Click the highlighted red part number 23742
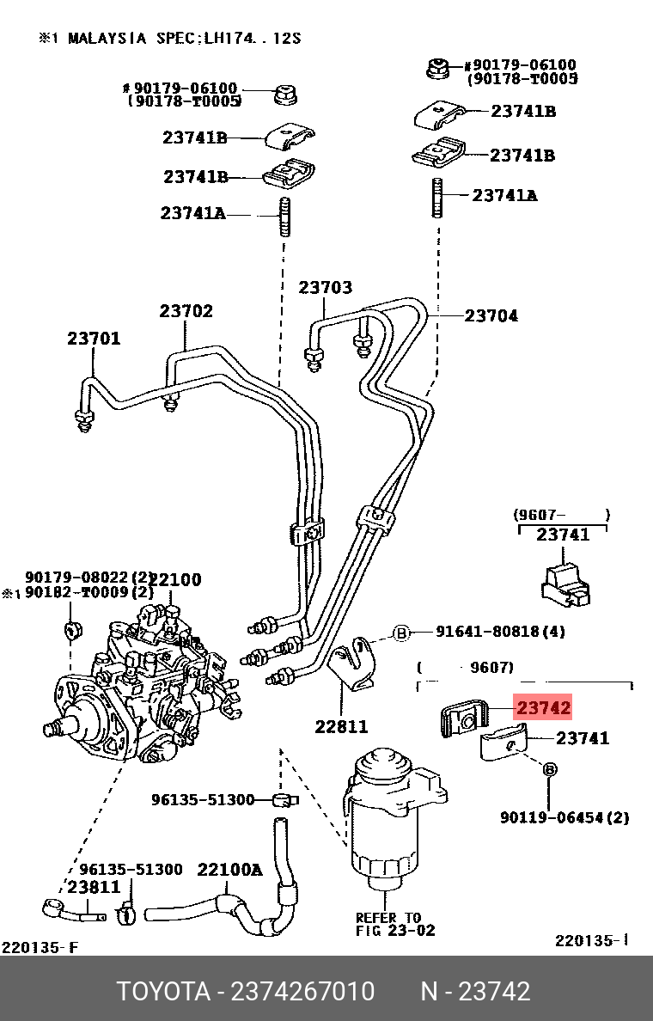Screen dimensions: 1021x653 click(x=542, y=708)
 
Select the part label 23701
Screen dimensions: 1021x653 click(x=94, y=339)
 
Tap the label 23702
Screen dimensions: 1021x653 click(x=186, y=311)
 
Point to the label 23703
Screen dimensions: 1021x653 click(x=326, y=288)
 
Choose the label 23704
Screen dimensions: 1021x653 click(x=491, y=316)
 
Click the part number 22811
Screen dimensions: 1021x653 click(x=341, y=727)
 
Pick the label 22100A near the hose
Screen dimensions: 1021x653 click(x=229, y=870)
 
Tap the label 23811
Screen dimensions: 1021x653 click(x=94, y=887)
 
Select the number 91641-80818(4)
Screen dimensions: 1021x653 click(x=500, y=632)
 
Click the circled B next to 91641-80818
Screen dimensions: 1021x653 click(x=401, y=633)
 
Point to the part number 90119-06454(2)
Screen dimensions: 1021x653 click(x=565, y=817)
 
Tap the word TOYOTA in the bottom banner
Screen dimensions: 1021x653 click(x=163, y=992)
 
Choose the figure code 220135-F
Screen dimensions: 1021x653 click(x=40, y=948)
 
